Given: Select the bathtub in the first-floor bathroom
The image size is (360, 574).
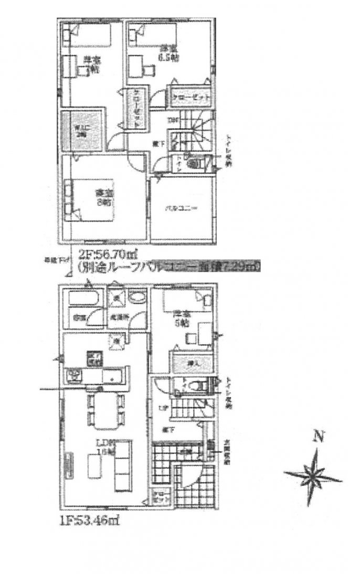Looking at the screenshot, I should coord(83,299).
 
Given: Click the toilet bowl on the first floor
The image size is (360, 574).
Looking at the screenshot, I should coord(195,386).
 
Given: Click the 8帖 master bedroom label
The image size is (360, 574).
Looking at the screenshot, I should coord(103,198).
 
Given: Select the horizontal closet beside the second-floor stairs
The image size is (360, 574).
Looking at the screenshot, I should coord(190,97).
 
